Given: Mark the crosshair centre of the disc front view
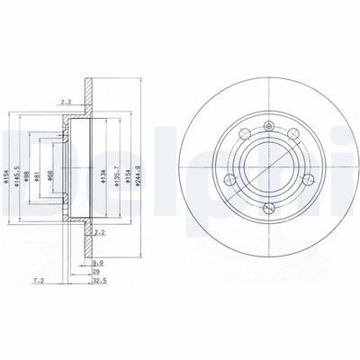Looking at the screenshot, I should click(x=264, y=166).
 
